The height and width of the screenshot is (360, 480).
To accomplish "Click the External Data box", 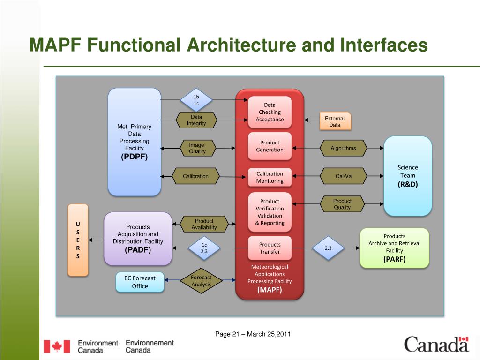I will coord(335,122).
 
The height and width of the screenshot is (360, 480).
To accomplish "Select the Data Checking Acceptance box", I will coord(270,112).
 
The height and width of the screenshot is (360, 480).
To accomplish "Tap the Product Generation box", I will coord(270,146).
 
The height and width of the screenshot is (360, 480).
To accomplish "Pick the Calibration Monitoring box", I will coord(270,177).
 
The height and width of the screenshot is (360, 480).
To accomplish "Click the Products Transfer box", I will coord(270,248).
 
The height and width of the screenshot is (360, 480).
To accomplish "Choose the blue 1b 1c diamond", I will coord(196,100).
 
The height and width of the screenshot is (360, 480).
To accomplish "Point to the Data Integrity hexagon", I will coord(196,120).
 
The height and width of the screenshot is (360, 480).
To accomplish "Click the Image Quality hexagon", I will coord(197,148).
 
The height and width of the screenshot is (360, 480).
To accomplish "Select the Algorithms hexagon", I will coord(343,148).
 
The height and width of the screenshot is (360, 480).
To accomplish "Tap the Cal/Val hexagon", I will coord(344,176).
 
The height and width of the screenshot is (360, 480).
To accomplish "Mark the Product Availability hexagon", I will coord(204,224).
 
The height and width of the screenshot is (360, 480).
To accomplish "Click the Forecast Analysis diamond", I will coord(201,281).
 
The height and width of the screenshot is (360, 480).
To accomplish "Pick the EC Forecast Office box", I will coord(140,282).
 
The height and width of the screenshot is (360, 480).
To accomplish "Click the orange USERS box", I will coord(78,240).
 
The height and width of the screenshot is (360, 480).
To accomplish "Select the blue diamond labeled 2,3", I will coord(328,248).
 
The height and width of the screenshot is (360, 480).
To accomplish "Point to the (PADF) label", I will coord(138,250).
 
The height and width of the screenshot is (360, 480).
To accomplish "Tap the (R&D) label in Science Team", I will coord(407,184).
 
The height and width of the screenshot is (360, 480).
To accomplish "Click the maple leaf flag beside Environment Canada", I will coord(57,346).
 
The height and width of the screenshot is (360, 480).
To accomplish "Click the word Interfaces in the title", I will coord(384,45).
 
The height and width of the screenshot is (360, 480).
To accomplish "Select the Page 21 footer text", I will coord(253,334).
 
